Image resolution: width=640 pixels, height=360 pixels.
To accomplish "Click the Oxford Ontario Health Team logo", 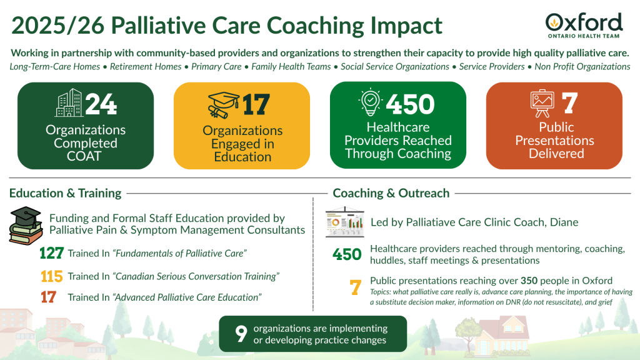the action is point(584,25).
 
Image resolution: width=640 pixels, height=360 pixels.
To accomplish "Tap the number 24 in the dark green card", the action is point(101,104).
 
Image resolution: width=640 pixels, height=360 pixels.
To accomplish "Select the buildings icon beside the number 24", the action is point(69,103).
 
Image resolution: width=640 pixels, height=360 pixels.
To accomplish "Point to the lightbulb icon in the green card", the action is point(370,102).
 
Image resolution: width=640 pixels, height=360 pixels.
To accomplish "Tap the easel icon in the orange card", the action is point(542,104).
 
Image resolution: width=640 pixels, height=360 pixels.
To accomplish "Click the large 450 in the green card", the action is point(410,104).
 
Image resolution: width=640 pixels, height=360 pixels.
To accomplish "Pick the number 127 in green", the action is point(51,253).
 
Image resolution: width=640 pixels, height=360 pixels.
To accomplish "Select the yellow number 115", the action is point(51,276).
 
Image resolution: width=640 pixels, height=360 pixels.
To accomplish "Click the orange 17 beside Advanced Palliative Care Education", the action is point(48,297).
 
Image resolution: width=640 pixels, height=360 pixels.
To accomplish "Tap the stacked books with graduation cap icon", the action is point(26,225).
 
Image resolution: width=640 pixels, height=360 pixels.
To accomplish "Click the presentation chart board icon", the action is point(345,222).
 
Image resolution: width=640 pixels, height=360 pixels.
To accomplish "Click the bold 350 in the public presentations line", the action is point(529,281).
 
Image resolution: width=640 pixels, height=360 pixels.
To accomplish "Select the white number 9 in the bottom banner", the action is point(241,334).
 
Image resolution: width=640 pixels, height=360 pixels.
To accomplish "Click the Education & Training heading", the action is point(65,193).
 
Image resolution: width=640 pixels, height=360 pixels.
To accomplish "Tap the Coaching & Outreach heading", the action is point(391,193).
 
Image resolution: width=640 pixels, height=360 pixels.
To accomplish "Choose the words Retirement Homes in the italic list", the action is point(146,66).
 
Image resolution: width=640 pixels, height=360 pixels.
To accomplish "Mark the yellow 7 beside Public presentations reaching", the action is point(356,287).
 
